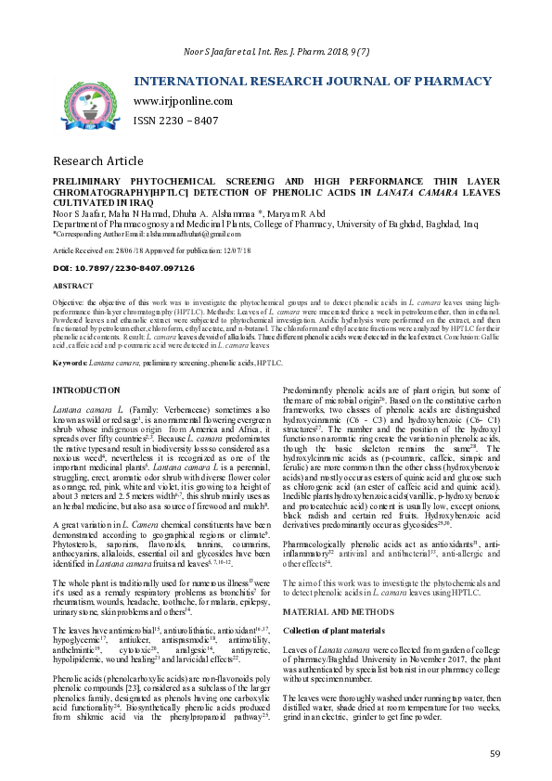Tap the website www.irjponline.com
(x=183, y=101)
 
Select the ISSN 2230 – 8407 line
(x=176, y=121)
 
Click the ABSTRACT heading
(x=73, y=287)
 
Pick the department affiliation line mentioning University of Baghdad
(x=265, y=224)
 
